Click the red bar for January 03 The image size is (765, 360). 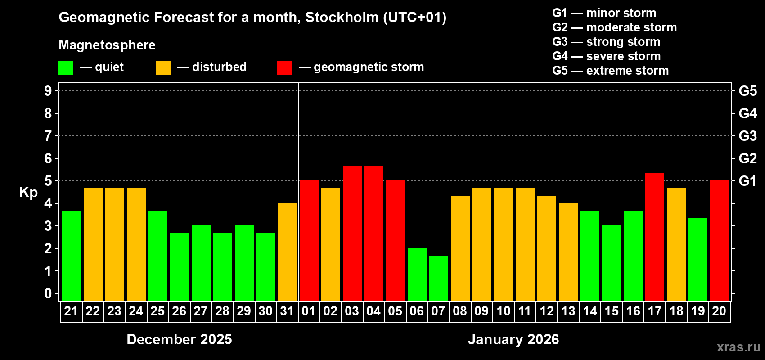(352, 233)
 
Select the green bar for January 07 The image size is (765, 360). (438, 278)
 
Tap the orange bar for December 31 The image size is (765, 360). (287, 252)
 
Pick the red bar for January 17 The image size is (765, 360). (654, 237)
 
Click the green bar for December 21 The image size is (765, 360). (71, 256)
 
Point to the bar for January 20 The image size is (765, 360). (719, 241)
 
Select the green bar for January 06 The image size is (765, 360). (417, 274)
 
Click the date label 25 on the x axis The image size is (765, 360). (157, 311)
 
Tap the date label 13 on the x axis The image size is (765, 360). (568, 311)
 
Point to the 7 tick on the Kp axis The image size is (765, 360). (48, 136)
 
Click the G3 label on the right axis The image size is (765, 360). (747, 136)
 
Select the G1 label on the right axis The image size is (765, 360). (747, 181)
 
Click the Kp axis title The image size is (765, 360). (28, 193)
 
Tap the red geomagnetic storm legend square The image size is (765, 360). (284, 68)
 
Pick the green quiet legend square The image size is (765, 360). (66, 68)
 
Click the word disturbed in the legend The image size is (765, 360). (219, 67)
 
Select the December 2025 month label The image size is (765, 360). (179, 339)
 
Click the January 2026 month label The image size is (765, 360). (513, 339)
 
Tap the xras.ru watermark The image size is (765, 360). (738, 347)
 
